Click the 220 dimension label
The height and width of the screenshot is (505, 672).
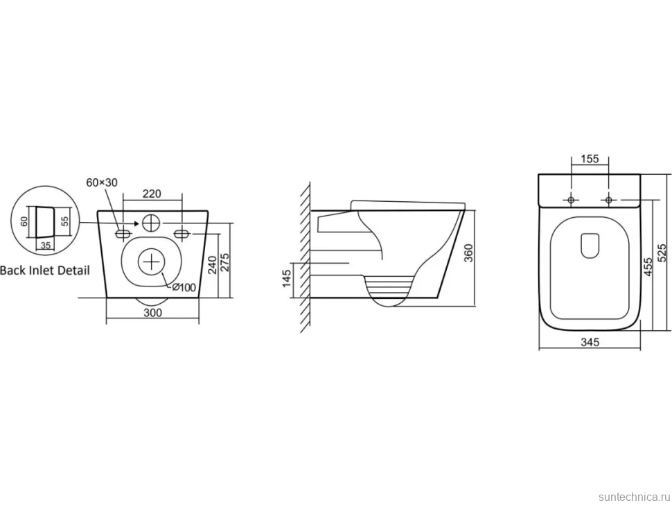click(x=152, y=194)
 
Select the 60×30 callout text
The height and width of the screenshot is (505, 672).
click(x=102, y=182)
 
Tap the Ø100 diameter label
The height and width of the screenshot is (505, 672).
click(x=184, y=287)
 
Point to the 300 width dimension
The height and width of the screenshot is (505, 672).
click(x=152, y=312)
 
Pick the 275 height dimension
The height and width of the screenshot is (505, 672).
click(x=224, y=262)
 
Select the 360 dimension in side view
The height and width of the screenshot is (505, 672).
click(x=468, y=253)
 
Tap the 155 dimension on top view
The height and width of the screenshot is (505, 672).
click(x=590, y=159)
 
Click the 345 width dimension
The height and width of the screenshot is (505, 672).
click(x=590, y=342)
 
